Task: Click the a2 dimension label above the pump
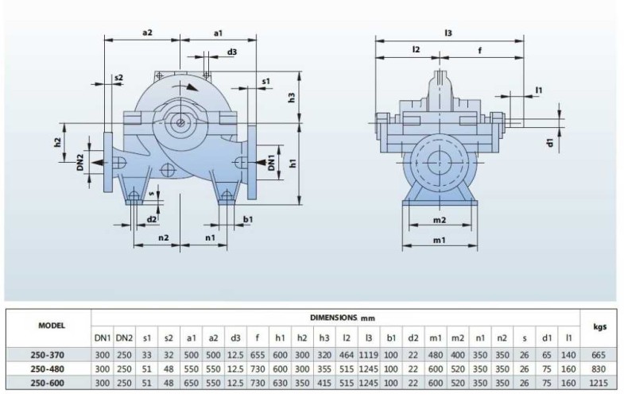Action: pyautogui.click(x=147, y=33)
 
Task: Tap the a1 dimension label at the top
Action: pyautogui.click(x=218, y=33)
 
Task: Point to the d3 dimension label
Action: pyautogui.click(x=231, y=52)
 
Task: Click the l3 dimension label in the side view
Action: pyautogui.click(x=448, y=33)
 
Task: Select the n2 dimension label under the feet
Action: pyautogui.click(x=163, y=237)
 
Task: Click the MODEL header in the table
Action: pyautogui.click(x=51, y=326)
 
